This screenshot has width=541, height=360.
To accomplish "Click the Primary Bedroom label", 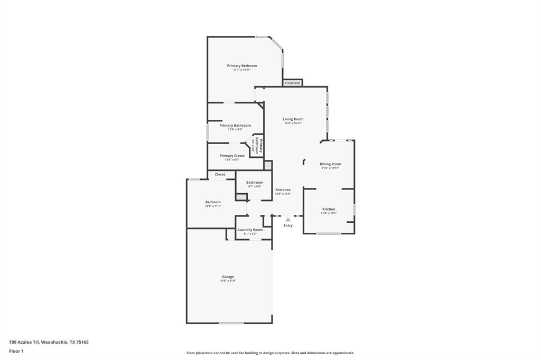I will pos(242,65).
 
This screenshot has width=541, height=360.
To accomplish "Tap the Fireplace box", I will pos(292,83).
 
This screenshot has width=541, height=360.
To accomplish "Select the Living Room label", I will pos(293,119).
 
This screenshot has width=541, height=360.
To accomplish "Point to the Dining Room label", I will pos(330,164).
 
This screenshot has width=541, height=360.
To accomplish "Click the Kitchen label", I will pos(329,209).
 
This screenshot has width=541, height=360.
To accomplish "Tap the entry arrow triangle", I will pos(287,219).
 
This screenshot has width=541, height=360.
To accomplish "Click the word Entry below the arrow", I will pos(287,225).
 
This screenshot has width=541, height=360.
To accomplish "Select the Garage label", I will pos(228,277).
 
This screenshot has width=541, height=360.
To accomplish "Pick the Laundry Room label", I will pos(250,230).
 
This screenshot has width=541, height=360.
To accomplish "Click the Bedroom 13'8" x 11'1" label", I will pos(213,202).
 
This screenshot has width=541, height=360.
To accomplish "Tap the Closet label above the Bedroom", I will pos(220,174).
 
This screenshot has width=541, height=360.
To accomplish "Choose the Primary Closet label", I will pos(232,156).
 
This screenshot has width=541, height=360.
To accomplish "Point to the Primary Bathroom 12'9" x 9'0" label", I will pos(235,126).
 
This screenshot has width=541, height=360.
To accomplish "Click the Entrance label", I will pos(283,190).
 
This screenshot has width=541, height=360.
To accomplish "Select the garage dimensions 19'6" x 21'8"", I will pos(228,281).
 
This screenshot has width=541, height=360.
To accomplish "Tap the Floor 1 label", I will pos(16,351).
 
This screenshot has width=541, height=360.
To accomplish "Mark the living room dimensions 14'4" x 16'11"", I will pos(293,124).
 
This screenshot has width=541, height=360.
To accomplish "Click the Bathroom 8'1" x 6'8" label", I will pos(255,183).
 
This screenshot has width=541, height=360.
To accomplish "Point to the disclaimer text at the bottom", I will pos(270,353).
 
